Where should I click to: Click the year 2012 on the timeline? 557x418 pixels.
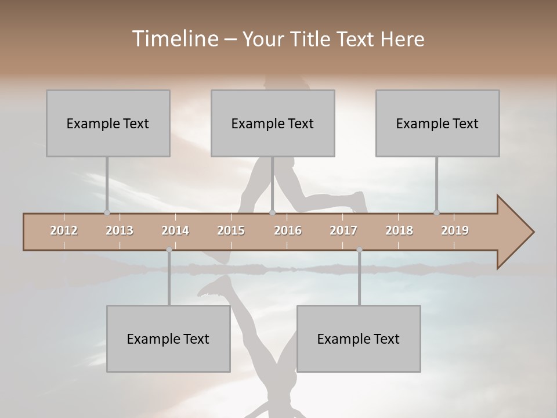pyautogui.click(x=64, y=230)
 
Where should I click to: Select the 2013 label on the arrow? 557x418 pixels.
pyautogui.click(x=120, y=230)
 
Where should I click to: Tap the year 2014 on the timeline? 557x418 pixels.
pyautogui.click(x=175, y=230)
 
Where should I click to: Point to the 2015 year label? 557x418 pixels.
pyautogui.click(x=231, y=230)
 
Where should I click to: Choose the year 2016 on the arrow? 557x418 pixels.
pyautogui.click(x=288, y=230)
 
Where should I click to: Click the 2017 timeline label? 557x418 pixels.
pyautogui.click(x=343, y=230)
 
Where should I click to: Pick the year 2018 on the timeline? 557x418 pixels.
pyautogui.click(x=399, y=230)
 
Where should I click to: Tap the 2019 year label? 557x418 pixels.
pyautogui.click(x=455, y=230)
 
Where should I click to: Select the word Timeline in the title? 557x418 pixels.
pyautogui.click(x=175, y=39)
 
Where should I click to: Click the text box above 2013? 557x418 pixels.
pyautogui.click(x=108, y=123)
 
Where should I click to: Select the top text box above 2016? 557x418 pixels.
pyautogui.click(x=273, y=123)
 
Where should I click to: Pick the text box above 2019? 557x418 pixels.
pyautogui.click(x=437, y=123)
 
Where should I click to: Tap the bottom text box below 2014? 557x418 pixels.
pyautogui.click(x=168, y=338)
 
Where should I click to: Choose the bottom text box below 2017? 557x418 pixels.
pyautogui.click(x=359, y=338)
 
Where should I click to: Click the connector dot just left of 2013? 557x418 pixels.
pyautogui.click(x=107, y=212)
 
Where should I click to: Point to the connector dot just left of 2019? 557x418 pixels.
pyautogui.click(x=436, y=212)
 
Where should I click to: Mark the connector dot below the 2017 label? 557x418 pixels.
pyautogui.click(x=359, y=250)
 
